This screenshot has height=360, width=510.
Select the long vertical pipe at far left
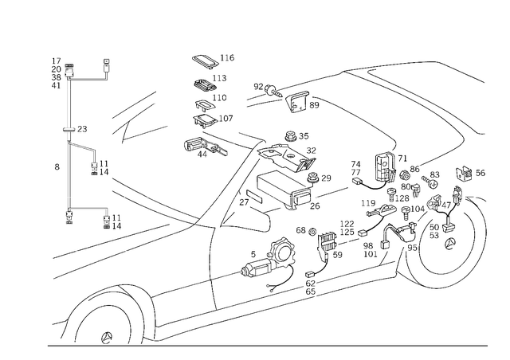[66, 143]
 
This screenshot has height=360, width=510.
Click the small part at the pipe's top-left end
[58, 72]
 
